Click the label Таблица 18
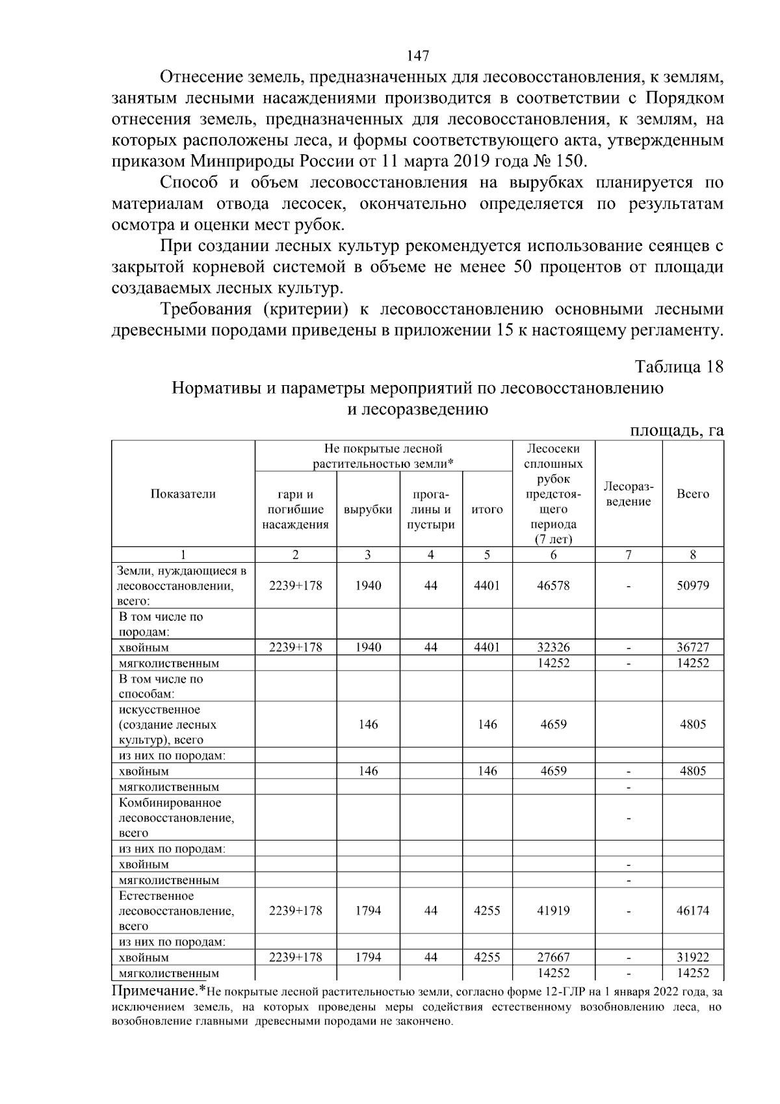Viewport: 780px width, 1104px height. click(679, 366)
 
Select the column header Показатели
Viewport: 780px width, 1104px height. click(183, 494)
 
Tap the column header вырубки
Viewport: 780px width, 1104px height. click(368, 509)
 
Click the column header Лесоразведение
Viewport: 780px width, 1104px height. click(628, 494)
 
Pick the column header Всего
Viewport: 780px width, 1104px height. click(693, 494)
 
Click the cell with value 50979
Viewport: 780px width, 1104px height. click(693, 586)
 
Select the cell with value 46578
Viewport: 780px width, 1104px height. click(553, 586)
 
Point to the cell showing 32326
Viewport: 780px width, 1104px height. click(553, 647)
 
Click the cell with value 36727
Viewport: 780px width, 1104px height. click(693, 647)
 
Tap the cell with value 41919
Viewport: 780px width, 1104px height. click(553, 911)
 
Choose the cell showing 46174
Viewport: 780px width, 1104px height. click(693, 911)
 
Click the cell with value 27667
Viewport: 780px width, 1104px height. click(553, 958)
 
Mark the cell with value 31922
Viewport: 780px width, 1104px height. click(693, 958)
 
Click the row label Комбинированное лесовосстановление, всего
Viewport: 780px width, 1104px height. click(176, 818)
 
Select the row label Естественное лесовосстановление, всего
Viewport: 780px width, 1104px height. click(176, 911)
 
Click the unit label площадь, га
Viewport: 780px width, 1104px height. click(677, 431)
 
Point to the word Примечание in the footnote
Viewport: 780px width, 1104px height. click(154, 992)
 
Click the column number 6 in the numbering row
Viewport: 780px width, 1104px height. click(553, 555)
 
